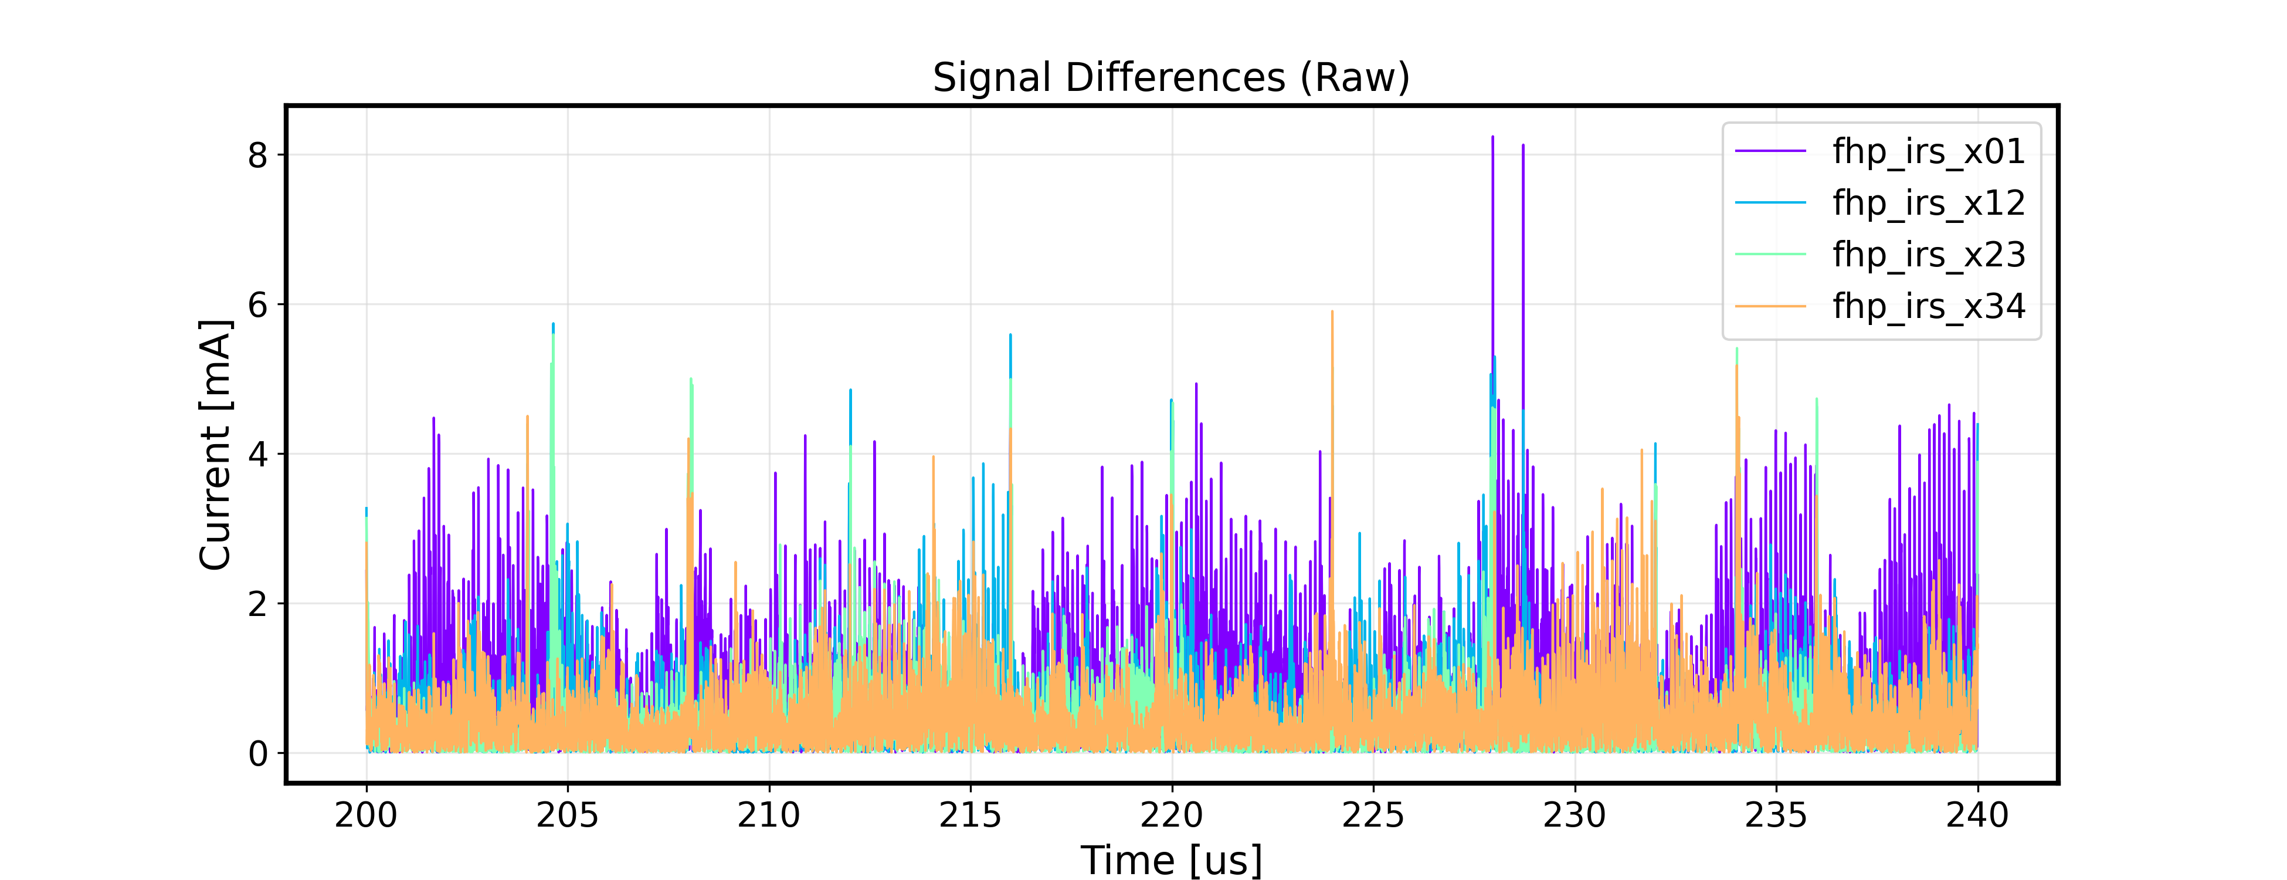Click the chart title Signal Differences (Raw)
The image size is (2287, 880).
pos(1171,78)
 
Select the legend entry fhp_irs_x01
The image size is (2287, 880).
pos(1928,152)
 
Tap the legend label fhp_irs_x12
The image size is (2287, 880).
pos(1928,204)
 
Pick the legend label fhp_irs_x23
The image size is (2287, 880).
pos(1928,255)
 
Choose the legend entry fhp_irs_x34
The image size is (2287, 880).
pos(1928,306)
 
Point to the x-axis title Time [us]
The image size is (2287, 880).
pos(1171,859)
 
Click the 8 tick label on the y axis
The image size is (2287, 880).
pos(257,155)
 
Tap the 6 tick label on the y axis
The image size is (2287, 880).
pos(257,304)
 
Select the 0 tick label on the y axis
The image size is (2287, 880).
pos(257,754)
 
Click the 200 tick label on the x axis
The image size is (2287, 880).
pos(366,814)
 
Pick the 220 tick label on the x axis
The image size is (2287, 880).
pos(1172,814)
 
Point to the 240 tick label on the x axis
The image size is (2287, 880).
pos(1977,814)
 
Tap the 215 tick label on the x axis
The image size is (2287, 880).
pos(971,814)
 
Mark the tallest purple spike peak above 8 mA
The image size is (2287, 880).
pos(1492,138)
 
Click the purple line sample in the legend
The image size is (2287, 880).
pos(1770,152)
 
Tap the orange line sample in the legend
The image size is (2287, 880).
pos(1770,306)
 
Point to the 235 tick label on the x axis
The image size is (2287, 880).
pos(1776,814)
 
